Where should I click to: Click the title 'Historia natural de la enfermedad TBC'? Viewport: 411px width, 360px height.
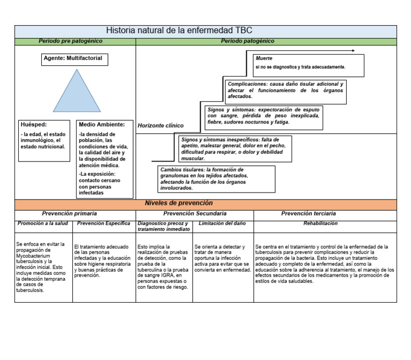[179, 31]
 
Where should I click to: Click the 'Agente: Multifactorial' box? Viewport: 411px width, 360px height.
[74, 59]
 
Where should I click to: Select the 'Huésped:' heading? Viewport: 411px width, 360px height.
[34, 124]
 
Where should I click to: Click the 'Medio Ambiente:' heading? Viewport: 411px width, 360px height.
[102, 124]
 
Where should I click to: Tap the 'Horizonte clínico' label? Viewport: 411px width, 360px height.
[161, 126]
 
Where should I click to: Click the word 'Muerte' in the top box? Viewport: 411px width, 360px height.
[264, 58]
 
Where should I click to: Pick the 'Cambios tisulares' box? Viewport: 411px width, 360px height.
[216, 179]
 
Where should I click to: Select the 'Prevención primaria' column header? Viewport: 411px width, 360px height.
[70, 213]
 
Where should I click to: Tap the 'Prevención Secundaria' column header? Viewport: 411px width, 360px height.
[195, 213]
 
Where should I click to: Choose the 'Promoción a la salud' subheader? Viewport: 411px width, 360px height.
[43, 223]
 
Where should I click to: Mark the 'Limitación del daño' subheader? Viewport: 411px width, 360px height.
[222, 223]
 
